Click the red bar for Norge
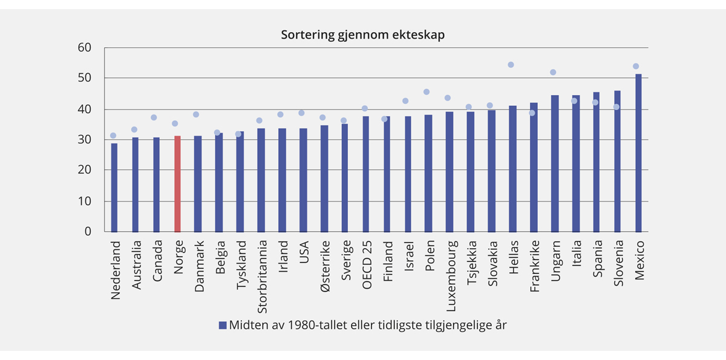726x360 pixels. (x=177, y=184)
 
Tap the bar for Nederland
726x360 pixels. (x=114, y=188)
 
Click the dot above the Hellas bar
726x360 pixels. (x=511, y=65)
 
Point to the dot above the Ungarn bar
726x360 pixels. (x=553, y=72)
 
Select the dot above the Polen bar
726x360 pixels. (x=427, y=92)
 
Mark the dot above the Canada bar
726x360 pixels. (x=154, y=117)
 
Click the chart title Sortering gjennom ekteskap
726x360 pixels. (x=362, y=35)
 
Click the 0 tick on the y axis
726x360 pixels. (x=88, y=232)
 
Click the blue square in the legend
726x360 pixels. (x=222, y=325)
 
